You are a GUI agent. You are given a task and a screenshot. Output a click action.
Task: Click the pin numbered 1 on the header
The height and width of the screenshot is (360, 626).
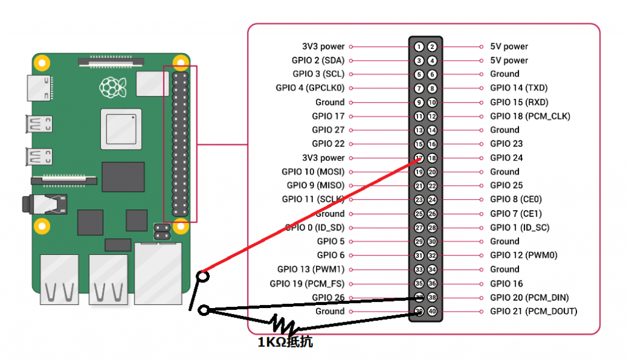(x=419, y=46)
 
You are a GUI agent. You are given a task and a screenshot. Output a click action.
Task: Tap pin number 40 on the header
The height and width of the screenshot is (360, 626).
(x=432, y=311)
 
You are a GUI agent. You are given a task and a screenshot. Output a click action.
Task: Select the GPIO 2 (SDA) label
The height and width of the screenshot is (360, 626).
(x=318, y=61)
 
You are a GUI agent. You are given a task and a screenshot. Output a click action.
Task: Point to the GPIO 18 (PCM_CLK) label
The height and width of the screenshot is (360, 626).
(x=530, y=116)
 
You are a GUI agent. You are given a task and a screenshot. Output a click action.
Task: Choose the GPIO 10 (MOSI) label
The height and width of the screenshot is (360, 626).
(x=313, y=172)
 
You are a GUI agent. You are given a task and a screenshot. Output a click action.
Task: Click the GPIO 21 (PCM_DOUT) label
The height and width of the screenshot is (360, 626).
(x=533, y=311)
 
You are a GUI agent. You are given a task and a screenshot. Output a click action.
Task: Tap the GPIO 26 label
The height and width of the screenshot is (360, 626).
(x=328, y=298)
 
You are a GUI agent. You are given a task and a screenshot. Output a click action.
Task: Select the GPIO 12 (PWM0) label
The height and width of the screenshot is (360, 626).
(x=523, y=255)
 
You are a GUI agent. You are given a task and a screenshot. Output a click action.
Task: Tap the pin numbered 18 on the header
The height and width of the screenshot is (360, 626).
(x=432, y=158)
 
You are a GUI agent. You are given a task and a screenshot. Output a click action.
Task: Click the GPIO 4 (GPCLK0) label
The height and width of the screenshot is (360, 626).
(x=310, y=88)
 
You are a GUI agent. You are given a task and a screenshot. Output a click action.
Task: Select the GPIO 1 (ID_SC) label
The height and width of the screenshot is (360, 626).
(x=520, y=227)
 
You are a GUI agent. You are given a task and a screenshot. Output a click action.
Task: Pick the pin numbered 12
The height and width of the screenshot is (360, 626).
(x=432, y=116)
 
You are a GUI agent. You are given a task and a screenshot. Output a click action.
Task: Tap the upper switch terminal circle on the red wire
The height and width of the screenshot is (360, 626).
(x=202, y=276)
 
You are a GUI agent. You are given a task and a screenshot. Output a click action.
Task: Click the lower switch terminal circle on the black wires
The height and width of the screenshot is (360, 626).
(x=204, y=310)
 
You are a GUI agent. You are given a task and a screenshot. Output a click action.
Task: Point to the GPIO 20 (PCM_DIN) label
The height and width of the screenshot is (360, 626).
(x=529, y=298)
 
